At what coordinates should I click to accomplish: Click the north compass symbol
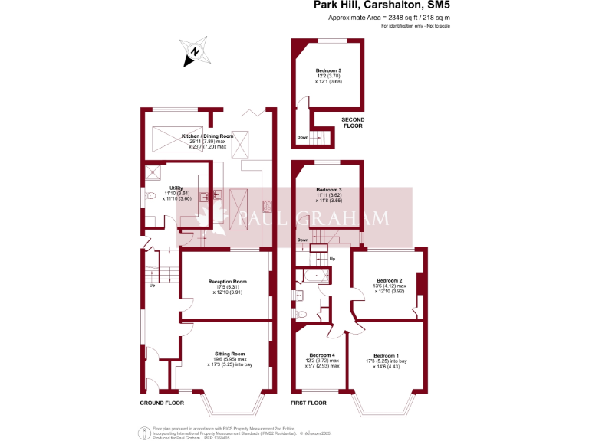195,51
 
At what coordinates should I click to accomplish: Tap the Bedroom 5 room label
328,70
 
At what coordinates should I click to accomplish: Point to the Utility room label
176,188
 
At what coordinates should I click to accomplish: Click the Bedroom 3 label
328,188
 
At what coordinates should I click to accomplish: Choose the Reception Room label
226,282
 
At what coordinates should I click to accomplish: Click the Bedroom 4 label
322,355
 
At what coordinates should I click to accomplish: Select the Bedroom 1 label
386,355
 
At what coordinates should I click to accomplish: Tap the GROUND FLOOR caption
162,403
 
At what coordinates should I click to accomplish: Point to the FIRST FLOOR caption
308,403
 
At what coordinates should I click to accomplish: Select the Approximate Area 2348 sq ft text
389,17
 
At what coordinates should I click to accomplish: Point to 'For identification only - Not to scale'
415,26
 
